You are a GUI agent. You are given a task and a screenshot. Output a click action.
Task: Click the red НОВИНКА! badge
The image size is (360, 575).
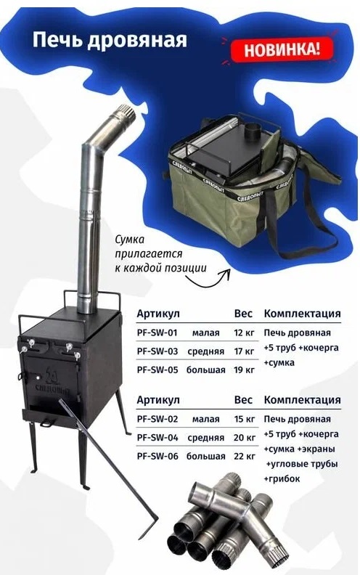coord(281,49)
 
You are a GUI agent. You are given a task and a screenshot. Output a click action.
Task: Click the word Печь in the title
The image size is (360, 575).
coord(57,40)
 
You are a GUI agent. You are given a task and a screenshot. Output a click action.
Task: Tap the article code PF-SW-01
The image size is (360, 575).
coord(157,333)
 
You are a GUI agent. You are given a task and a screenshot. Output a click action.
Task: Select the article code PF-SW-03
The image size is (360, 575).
coord(157,351)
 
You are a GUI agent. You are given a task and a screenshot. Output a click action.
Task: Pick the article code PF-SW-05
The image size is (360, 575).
coord(157,370)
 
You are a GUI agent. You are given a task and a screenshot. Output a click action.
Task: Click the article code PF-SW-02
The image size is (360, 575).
coord(157,419)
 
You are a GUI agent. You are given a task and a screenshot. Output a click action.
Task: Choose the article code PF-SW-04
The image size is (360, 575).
coord(157,438)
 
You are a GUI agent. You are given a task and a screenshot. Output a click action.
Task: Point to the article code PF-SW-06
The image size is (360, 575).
coord(157,456)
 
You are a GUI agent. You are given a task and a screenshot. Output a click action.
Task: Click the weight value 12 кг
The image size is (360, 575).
coord(244,333)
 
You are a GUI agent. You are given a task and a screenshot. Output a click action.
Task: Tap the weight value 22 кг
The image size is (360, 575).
coord(245,457)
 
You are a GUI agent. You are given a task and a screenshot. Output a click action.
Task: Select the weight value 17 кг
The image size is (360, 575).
coord(244,351)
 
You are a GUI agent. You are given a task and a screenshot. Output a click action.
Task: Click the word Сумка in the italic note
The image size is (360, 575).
coord(129,240)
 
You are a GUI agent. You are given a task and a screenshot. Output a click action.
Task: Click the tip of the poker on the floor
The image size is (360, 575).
coord(141,538)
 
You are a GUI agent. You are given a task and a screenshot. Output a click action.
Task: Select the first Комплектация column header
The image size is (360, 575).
coord(303,314)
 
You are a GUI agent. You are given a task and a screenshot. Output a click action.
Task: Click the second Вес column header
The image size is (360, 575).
coord(243,400)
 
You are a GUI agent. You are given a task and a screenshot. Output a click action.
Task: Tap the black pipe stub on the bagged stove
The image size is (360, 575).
coord(252,131)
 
